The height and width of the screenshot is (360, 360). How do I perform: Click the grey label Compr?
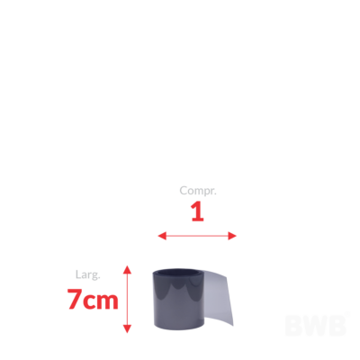pyautogui.click(x=198, y=191)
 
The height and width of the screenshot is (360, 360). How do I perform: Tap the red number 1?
pyautogui.click(x=197, y=211)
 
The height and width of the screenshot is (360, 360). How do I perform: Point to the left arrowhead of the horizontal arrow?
pyautogui.click(x=162, y=236)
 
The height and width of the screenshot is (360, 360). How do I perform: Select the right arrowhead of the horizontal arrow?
pyautogui.click(x=232, y=236)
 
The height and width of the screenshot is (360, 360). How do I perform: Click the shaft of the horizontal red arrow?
pyautogui.click(x=197, y=236)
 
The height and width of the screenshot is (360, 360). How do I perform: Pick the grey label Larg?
pyautogui.click(x=87, y=274)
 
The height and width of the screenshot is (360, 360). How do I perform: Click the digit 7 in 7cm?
pyautogui.click(x=75, y=299)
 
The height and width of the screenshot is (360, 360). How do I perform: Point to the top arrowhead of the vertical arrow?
pyautogui.click(x=128, y=269)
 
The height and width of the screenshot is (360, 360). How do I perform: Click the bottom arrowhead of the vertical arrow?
pyautogui.click(x=128, y=328)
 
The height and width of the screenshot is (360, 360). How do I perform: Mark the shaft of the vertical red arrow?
pyautogui.click(x=128, y=299)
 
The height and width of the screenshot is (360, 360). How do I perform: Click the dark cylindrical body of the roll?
pyautogui.click(x=179, y=303)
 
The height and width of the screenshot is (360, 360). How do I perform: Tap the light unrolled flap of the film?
pyautogui.click(x=219, y=297)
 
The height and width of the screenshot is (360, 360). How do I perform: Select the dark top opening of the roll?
pyautogui.click(x=178, y=273)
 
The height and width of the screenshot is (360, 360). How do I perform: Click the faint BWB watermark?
pyautogui.click(x=316, y=325)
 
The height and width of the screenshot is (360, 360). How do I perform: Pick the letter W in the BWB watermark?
pyautogui.click(x=316, y=325)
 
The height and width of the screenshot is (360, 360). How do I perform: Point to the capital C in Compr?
pyautogui.click(x=184, y=190)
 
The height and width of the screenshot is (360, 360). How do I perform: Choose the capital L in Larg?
pyautogui.click(x=78, y=274)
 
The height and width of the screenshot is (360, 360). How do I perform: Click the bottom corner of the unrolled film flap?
pyautogui.click(x=233, y=325)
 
